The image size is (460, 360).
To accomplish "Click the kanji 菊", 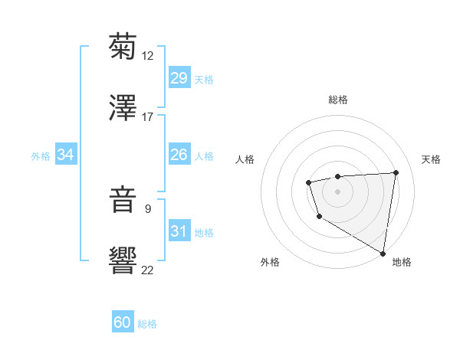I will point(123,47).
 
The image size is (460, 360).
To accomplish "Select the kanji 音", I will point(123,200).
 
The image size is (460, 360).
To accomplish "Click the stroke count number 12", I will point(148,56).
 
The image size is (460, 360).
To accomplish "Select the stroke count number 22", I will point(148,270).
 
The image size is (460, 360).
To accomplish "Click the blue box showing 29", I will point(179,77).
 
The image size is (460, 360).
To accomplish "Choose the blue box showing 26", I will point(179,155).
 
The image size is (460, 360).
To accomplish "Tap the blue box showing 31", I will point(179,231).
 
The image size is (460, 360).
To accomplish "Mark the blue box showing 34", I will point(66,155).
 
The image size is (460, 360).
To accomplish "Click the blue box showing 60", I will point(123,322).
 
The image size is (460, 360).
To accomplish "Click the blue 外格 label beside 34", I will point(41,156).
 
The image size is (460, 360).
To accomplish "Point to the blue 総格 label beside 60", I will point(147,324).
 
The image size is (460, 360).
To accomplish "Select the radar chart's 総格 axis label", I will point(337,100).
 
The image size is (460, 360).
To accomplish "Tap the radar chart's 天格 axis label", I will point(431,159).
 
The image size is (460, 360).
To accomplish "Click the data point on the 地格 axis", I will point(383,253).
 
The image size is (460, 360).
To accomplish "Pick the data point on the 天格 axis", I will point(396,172).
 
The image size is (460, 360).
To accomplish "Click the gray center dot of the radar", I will point(337,191).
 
